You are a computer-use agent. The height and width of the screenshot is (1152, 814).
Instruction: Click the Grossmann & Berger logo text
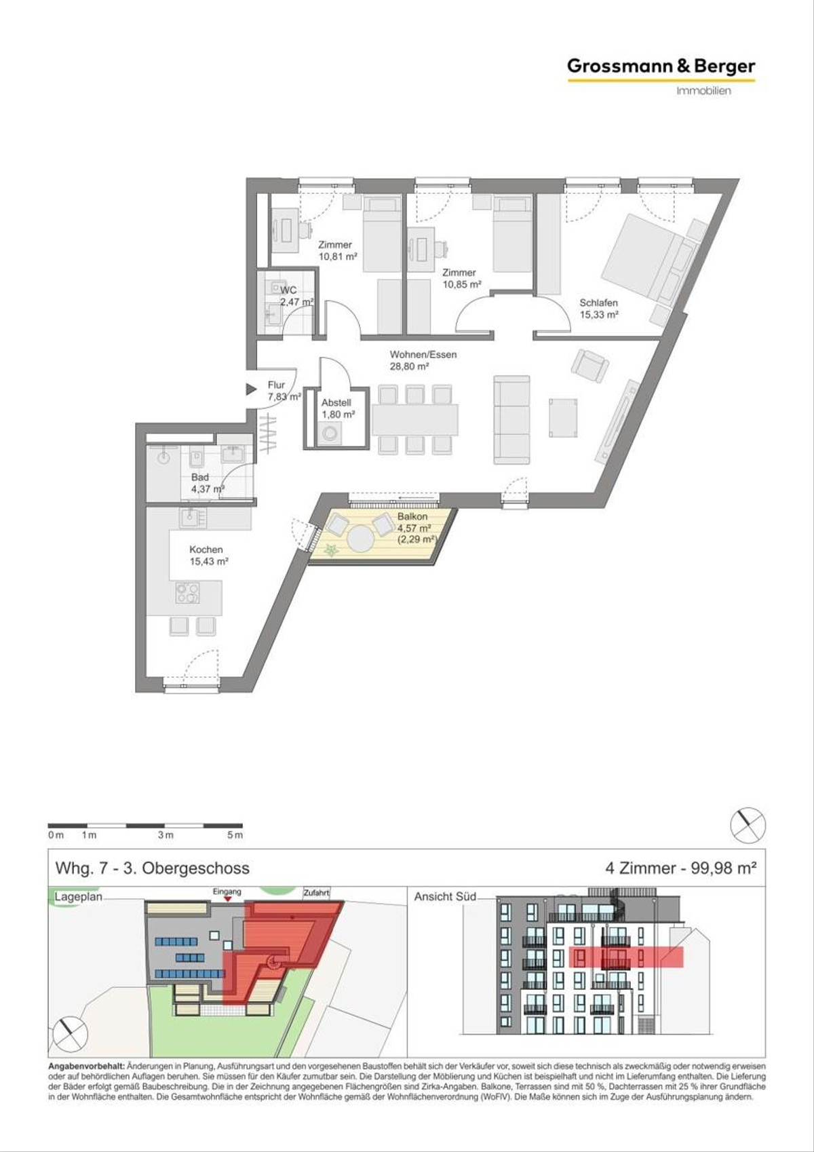tap(661, 66)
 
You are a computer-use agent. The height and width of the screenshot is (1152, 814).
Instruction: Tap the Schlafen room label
tap(598, 303)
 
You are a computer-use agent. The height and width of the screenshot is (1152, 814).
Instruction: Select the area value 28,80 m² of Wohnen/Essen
tap(410, 366)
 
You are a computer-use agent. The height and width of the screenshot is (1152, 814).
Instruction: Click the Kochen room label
tap(206, 550)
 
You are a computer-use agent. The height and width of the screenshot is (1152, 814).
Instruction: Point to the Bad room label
tap(200, 477)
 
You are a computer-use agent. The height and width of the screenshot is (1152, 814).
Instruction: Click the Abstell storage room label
tap(336, 403)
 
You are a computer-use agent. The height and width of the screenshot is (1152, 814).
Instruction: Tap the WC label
tap(288, 290)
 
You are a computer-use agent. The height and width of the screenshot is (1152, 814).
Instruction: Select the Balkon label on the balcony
tap(412, 517)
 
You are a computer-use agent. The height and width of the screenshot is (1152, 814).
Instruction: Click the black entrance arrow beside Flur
tap(251, 389)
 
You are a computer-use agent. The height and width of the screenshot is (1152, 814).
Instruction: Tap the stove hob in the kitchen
tap(187, 592)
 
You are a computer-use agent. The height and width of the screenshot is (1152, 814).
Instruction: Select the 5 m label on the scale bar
tap(235, 835)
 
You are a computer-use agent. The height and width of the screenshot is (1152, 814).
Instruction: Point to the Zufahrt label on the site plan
tap(316, 893)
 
